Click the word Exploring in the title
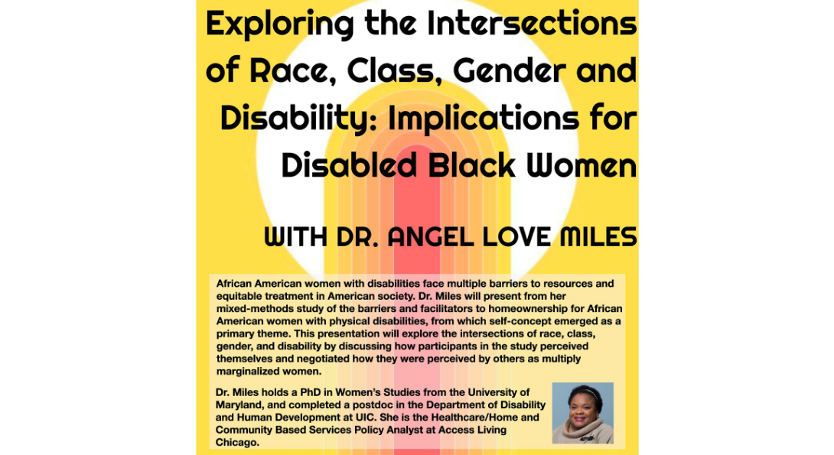click(x=280, y=24)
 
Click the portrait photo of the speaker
click(x=582, y=413)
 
